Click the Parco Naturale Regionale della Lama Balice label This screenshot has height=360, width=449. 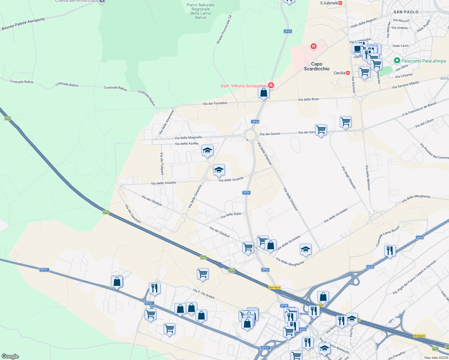point(200,11)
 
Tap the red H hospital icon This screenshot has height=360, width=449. point(314,46)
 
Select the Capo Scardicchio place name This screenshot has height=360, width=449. point(317,66)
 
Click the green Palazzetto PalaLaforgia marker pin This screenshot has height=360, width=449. point(397,61)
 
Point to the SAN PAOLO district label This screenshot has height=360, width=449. point(406,12)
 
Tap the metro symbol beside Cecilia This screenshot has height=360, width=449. point(348,73)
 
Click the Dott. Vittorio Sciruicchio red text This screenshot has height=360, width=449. point(243,86)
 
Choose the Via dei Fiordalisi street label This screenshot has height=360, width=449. point(215,103)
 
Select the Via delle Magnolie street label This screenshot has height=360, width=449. point(188,138)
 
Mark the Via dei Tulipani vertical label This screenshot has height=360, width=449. point(162,163)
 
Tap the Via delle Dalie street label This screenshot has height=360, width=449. point(231,215)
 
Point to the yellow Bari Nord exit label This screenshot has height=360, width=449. point(274,287)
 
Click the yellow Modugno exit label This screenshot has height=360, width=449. point(419,336)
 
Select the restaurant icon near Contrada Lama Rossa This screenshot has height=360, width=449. point(390,250)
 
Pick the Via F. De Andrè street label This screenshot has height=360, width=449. point(204,294)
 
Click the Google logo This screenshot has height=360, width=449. point(10,356)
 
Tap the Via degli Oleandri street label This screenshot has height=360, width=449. point(349,177)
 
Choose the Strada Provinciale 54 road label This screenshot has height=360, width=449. point(224,30)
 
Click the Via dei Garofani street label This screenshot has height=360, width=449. point(133,214)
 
